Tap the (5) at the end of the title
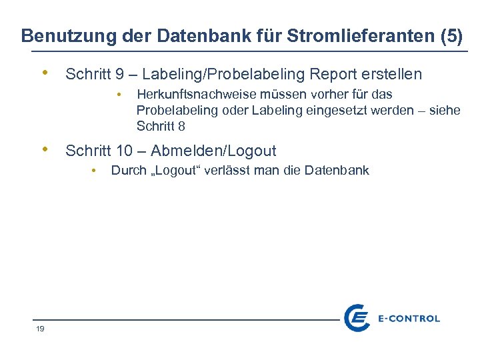452,36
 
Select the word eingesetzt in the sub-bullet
339,110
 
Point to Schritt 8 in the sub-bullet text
161,126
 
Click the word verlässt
246,171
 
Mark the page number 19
40,329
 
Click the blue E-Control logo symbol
357,318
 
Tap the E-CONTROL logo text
408,319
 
